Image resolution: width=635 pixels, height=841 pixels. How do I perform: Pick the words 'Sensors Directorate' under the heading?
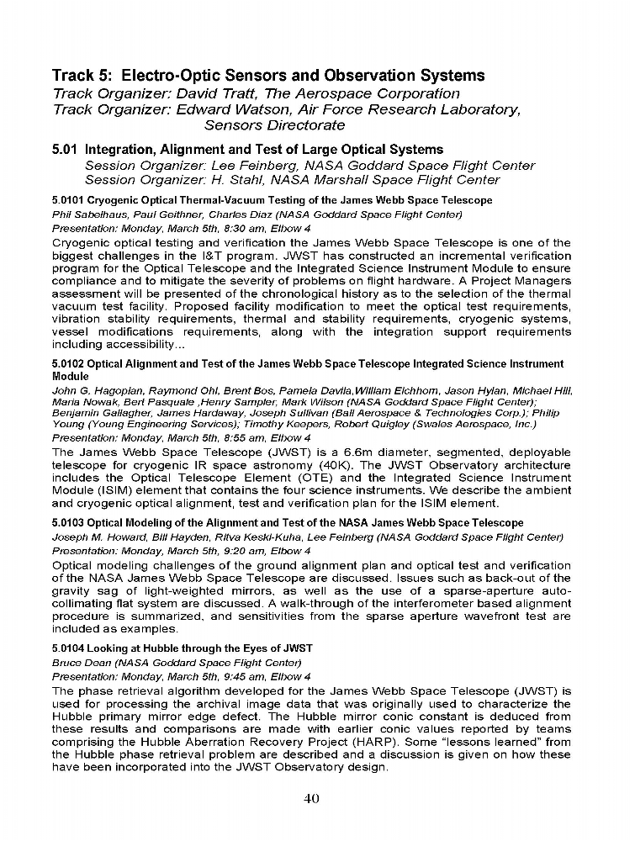point(273,125)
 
